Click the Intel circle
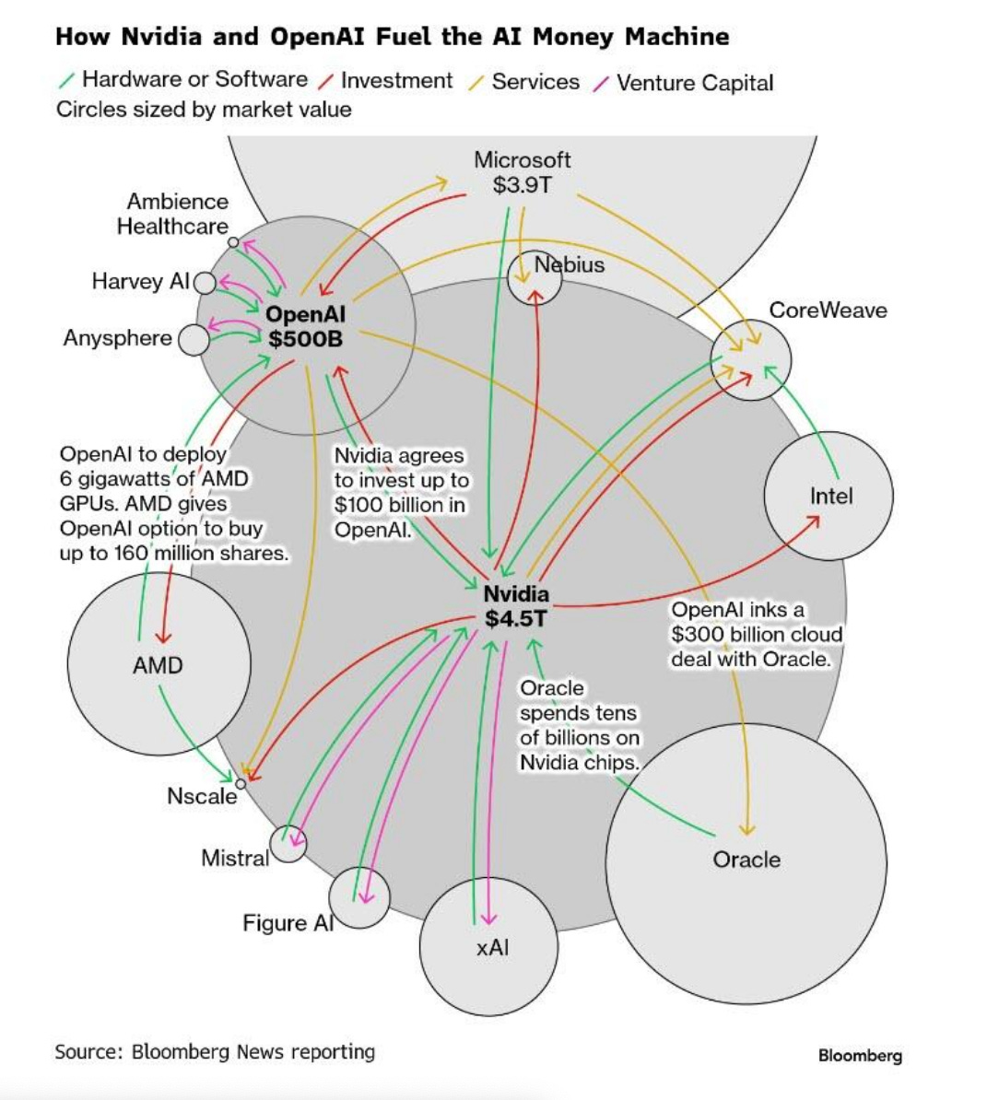829,496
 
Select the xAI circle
489,947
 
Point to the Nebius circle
535,277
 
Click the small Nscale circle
241,783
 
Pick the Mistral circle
288,843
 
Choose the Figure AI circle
359,897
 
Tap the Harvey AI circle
205,282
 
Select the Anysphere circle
193,339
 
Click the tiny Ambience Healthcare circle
234,242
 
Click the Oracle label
746,860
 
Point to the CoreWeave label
828,310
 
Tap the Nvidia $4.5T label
516,606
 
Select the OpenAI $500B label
305,326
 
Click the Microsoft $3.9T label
523,172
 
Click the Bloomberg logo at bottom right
859,1056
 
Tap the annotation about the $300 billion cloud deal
756,634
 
